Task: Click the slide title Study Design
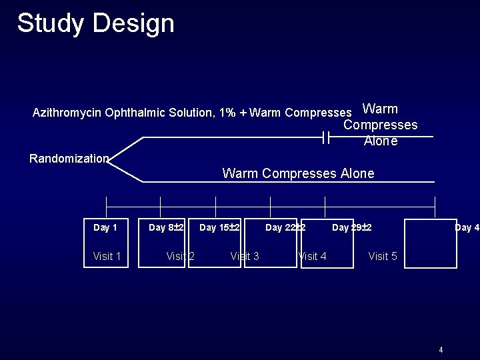[x=95, y=23]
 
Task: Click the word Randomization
[x=69, y=159]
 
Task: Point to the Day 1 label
[x=105, y=228]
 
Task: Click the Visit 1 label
[x=107, y=256]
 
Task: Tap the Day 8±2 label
[x=166, y=228]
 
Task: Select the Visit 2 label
[x=180, y=256]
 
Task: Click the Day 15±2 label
[x=219, y=228]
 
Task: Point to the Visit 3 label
[x=245, y=256]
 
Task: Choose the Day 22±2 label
[x=285, y=228]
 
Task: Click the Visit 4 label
[x=312, y=256]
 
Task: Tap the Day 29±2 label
[x=352, y=228]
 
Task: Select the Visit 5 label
[x=383, y=256]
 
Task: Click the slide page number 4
[x=441, y=349]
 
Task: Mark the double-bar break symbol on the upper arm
[x=326, y=138]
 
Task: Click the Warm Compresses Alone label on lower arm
[x=298, y=173]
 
